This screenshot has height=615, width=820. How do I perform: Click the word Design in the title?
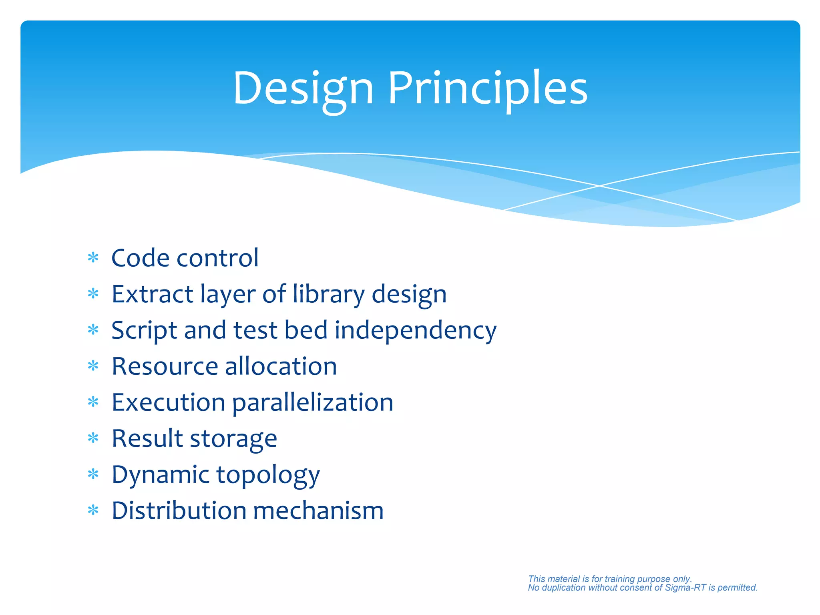pyautogui.click(x=303, y=89)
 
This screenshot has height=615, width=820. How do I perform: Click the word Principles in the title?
pyautogui.click(x=488, y=89)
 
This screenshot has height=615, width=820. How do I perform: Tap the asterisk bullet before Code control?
pyautogui.click(x=93, y=258)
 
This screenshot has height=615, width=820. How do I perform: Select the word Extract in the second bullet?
pyautogui.click(x=152, y=294)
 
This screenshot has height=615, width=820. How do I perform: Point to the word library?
pyautogui.click(x=328, y=294)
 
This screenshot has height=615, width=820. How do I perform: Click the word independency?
pyautogui.click(x=415, y=331)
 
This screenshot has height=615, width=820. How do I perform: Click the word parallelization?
pyautogui.click(x=312, y=403)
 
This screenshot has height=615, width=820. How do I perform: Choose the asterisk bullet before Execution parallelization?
pyautogui.click(x=93, y=402)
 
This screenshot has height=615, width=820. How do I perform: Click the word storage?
pyautogui.click(x=233, y=439)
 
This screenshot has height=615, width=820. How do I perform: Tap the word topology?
pyautogui.click(x=268, y=475)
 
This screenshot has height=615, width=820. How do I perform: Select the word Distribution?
pyautogui.click(x=179, y=511)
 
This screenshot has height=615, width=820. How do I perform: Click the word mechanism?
pyautogui.click(x=318, y=511)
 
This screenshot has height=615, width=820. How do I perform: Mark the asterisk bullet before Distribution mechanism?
pyautogui.click(x=93, y=511)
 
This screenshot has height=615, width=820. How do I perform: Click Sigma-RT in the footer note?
pyautogui.click(x=685, y=588)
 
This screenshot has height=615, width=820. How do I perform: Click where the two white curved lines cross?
pyautogui.click(x=599, y=186)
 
